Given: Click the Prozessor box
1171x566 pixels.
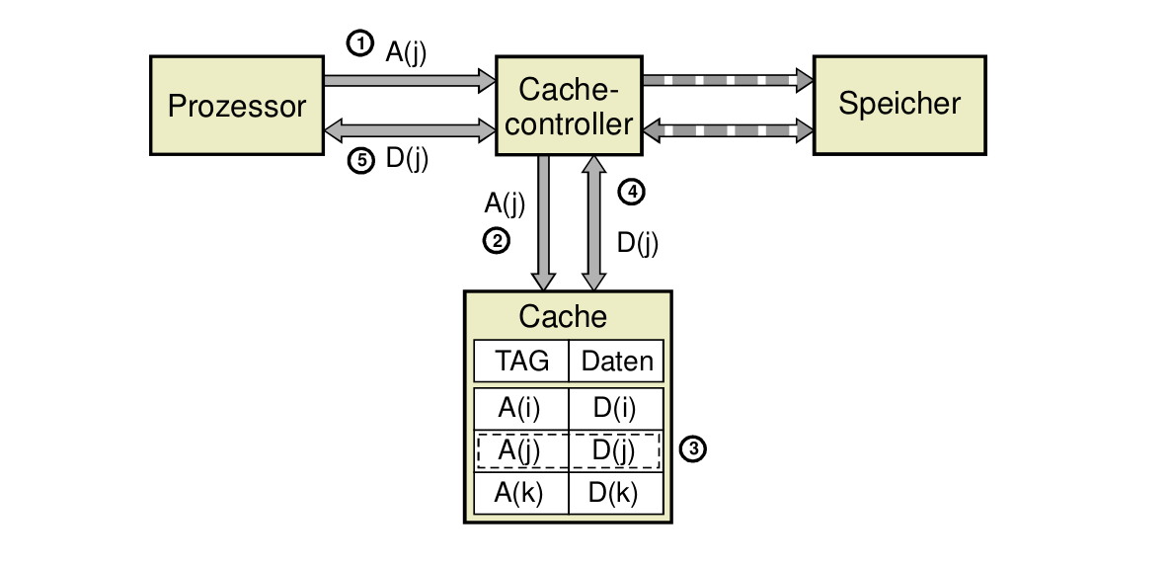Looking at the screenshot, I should pyautogui.click(x=237, y=105).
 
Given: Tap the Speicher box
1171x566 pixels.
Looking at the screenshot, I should pyautogui.click(x=898, y=105).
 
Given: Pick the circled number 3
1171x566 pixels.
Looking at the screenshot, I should pyautogui.click(x=694, y=450).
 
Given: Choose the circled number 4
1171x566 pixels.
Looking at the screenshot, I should pyautogui.click(x=631, y=193).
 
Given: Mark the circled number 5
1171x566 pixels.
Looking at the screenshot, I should pyautogui.click(x=361, y=161).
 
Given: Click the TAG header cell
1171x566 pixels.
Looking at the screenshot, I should pyautogui.click(x=521, y=362).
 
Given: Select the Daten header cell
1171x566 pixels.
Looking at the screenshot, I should pyautogui.click(x=617, y=362).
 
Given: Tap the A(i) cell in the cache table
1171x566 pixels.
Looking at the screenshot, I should pyautogui.click(x=521, y=409).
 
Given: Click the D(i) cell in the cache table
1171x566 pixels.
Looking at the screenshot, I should pyautogui.click(x=615, y=409).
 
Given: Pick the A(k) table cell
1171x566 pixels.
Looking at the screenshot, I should pyautogui.click(x=521, y=492).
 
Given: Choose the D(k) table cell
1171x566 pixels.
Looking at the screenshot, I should pyautogui.click(x=615, y=492).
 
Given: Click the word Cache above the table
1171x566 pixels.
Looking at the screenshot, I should pyautogui.click(x=563, y=316).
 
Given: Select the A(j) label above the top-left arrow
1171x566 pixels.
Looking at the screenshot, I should pyautogui.click(x=406, y=51).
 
